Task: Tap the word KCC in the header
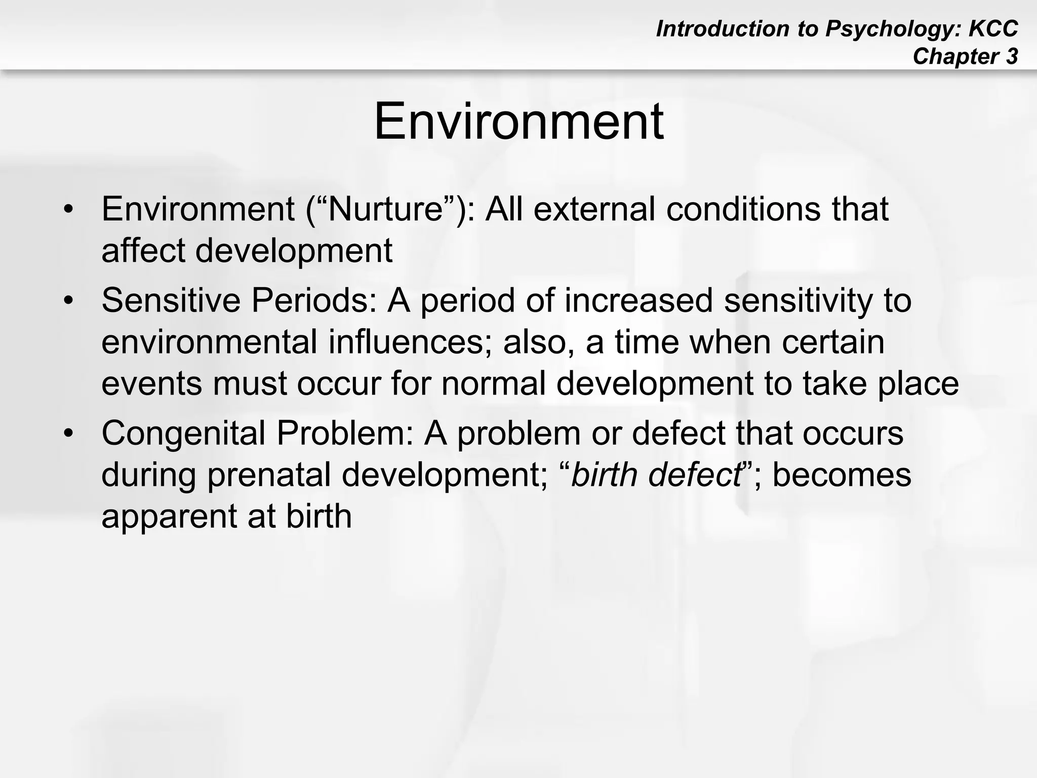tap(993, 29)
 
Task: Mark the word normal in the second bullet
tap(494, 383)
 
